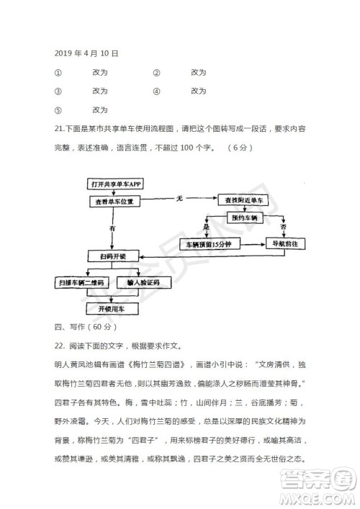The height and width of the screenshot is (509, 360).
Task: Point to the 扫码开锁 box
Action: pos(113,256)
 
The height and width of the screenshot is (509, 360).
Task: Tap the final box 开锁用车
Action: pos(113,308)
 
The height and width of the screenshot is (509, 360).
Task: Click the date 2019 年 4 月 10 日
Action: pos(86,53)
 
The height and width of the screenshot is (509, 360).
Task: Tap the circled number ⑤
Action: pos(58,109)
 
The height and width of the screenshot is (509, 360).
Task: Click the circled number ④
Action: pos(156,91)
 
